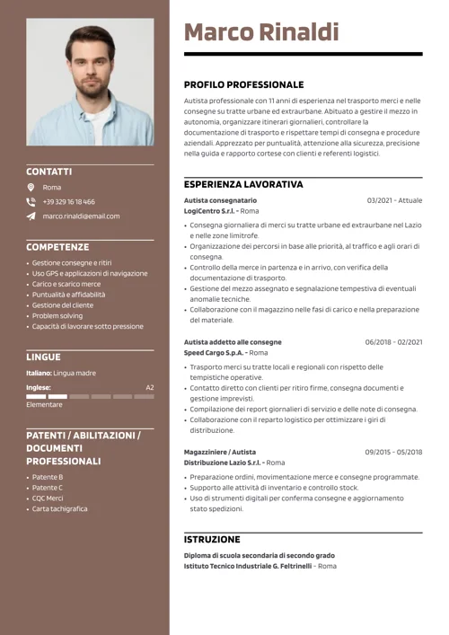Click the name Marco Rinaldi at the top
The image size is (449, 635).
261,33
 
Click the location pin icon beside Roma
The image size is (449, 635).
31,187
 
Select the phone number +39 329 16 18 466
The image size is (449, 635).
68,201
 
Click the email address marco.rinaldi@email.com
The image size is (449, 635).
81,216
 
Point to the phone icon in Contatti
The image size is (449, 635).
31,201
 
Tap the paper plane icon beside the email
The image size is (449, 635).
31,216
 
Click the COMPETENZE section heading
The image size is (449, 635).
57,246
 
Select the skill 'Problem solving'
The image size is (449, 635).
57,315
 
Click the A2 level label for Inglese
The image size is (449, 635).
150,387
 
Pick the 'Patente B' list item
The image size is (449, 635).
48,477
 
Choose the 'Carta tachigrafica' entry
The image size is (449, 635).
60,508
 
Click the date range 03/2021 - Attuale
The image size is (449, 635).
394,200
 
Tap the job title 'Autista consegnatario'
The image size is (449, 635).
220,200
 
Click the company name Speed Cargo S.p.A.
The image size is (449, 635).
213,352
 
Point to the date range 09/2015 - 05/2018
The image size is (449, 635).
393,452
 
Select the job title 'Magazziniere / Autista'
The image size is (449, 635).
220,452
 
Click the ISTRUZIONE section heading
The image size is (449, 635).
212,539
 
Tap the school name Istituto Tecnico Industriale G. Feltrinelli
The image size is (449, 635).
247,566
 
